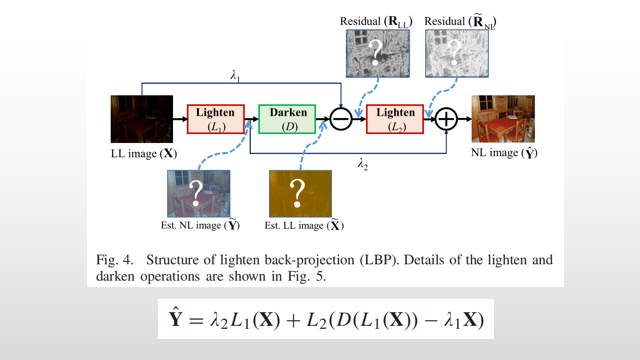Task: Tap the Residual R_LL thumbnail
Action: click(x=376, y=53)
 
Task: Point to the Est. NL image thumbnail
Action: click(x=198, y=194)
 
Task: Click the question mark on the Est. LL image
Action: click(x=297, y=192)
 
